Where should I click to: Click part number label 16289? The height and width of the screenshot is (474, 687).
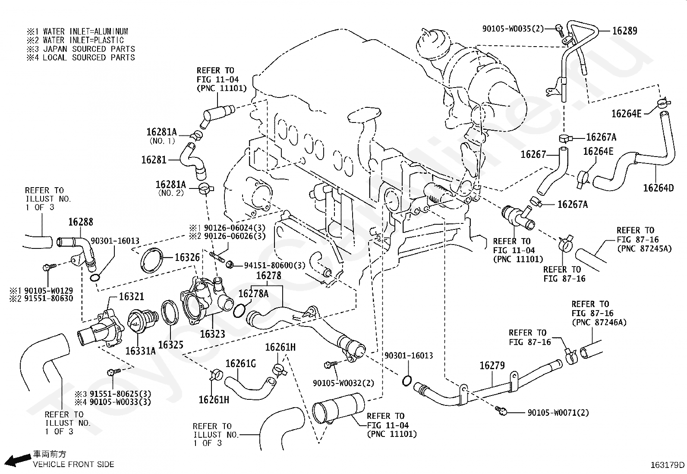(624, 31)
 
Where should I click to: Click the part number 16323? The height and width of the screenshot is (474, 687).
(213, 334)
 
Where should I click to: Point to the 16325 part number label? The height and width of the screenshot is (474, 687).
(170, 345)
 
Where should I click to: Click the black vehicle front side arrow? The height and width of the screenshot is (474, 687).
(18, 460)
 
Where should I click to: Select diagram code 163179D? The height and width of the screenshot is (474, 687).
(668, 465)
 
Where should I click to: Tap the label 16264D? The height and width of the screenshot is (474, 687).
(658, 188)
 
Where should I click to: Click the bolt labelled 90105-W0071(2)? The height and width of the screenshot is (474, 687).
(501, 411)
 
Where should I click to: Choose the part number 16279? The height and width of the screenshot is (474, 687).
(492, 365)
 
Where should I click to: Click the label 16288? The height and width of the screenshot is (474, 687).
(80, 222)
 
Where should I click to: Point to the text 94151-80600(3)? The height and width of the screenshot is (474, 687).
(274, 265)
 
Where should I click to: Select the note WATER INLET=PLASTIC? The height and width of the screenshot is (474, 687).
(83, 40)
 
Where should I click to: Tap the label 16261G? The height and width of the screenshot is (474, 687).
(240, 364)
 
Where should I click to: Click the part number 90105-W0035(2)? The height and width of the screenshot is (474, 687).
(513, 29)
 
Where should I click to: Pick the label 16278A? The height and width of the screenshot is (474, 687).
(253, 294)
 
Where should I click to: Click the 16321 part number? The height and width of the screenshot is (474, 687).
(131, 296)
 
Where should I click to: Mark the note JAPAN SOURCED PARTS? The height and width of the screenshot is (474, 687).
(89, 49)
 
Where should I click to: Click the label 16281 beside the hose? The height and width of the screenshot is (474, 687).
(154, 160)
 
